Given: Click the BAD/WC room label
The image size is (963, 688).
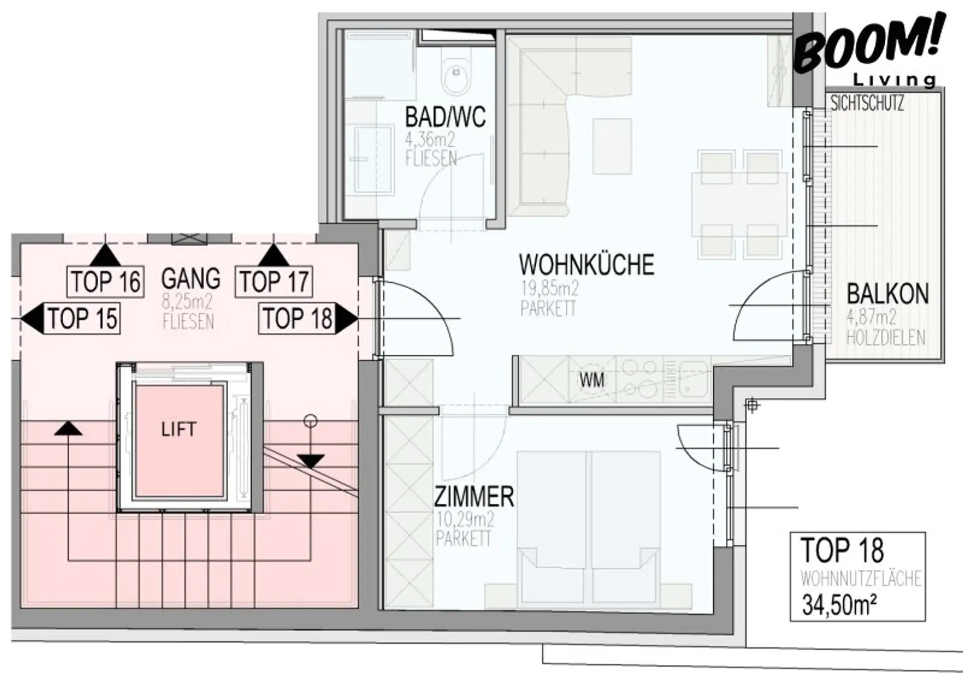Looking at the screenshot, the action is coord(445,117).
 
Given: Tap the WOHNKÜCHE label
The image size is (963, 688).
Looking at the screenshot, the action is coord(586,264).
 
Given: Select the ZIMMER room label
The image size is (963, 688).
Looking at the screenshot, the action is coord(474,497).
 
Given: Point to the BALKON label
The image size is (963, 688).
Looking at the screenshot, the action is coord(888,294).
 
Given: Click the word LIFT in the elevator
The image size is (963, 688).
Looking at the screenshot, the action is coord(179,429).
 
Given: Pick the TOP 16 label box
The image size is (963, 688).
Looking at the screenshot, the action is coord(105,281).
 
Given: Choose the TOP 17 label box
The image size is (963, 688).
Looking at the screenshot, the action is coord(274,281).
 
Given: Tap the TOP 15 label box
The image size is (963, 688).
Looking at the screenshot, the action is coord(83,318).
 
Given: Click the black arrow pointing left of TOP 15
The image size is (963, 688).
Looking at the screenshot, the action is coord(32,318).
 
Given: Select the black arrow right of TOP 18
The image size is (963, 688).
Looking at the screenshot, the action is coord(347,319).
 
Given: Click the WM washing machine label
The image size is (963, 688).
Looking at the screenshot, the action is coord(592,380).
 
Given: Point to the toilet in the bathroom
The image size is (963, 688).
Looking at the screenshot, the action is coord(456,75).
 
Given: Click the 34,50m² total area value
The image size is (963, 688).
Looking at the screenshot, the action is coord(840,605).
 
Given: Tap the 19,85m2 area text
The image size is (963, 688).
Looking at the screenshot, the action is coord(550,288).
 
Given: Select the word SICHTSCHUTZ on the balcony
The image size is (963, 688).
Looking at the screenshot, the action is coord(867,103).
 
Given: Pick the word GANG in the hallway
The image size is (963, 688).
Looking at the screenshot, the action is coord(191,279).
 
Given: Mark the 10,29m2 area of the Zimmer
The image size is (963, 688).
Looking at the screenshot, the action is coord(465,520).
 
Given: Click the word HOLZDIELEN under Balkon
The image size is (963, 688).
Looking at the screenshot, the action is coord(886,338).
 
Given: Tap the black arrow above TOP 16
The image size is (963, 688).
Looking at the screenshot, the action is coord(105,255).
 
